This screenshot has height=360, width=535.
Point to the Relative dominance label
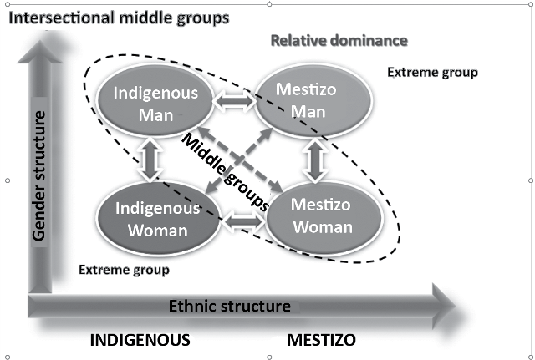[x=339, y=40]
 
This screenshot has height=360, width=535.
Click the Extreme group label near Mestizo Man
[x=432, y=73]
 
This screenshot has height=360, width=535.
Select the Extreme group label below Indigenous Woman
[x=124, y=270]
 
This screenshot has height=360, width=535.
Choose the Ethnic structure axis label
[x=230, y=306]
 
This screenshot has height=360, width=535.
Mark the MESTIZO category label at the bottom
[x=322, y=340]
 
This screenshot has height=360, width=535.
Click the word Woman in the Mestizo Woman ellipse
[x=323, y=227]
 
